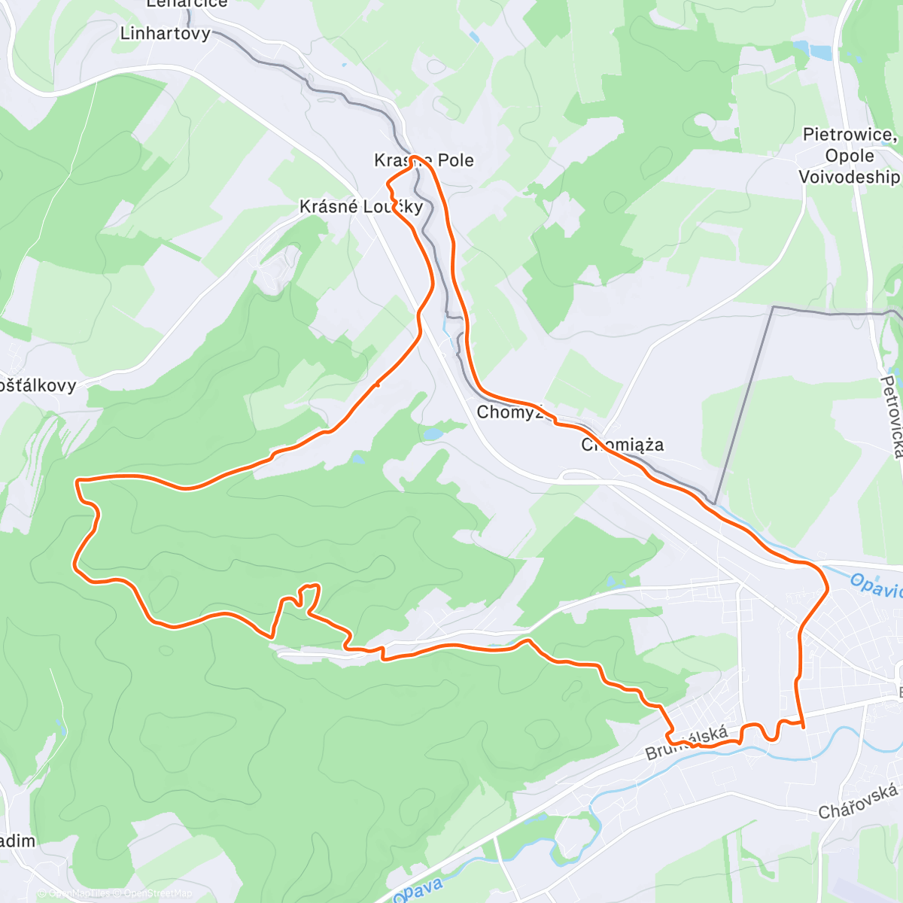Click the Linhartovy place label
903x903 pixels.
(x=166, y=34)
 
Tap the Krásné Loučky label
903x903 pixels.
(x=361, y=206)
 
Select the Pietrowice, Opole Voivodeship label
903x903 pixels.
(x=850, y=156)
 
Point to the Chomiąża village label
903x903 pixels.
(x=622, y=445)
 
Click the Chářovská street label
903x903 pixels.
(x=858, y=801)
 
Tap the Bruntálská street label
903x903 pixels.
(x=686, y=743)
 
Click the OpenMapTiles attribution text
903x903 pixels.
(x=78, y=893)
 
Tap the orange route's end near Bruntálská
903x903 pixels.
(x=804, y=727)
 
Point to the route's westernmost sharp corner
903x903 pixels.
(x=77, y=479)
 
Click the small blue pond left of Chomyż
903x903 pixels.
(x=432, y=434)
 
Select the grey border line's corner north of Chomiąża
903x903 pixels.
(x=773, y=307)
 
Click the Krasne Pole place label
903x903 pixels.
(x=424, y=160)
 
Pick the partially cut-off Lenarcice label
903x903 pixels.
(x=187, y=4)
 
